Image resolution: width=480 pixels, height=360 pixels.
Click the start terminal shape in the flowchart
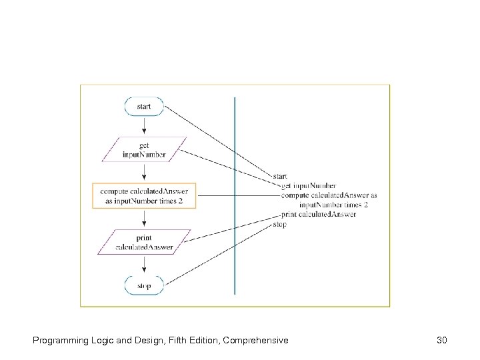click(144, 107)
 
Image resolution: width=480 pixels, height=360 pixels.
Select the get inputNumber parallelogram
click(144, 150)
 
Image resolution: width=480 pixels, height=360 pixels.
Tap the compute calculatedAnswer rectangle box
click(144, 196)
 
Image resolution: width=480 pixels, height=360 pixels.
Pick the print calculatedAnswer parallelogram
click(144, 242)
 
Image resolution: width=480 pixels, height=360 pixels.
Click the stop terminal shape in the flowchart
click(144, 286)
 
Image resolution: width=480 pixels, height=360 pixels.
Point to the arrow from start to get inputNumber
click(144, 126)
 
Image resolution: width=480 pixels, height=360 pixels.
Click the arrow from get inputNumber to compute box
click(144, 172)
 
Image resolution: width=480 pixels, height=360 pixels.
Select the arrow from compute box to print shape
click(144, 219)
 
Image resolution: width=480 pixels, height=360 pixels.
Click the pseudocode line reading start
click(280, 177)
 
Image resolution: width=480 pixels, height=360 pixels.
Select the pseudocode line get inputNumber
click(309, 186)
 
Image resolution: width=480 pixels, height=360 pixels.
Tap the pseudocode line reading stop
click(280, 225)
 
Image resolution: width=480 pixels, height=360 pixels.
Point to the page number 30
click(441, 341)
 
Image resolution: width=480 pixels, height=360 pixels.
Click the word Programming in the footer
click(57, 341)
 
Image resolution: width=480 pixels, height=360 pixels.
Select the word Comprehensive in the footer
click(257, 341)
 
